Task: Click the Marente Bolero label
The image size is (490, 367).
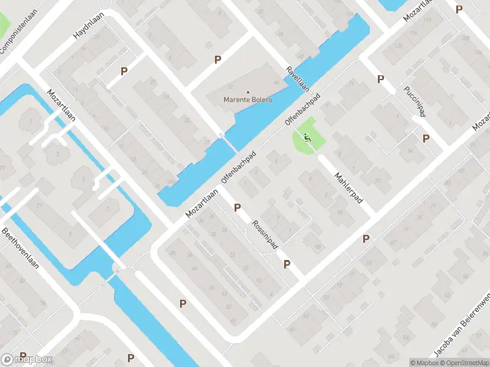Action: [x=248, y=100]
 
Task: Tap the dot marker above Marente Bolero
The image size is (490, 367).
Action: [x=248, y=92]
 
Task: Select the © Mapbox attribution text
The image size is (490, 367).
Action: [x=424, y=363]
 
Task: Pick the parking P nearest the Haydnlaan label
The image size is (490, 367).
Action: [x=124, y=71]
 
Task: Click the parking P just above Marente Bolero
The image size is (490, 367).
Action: [x=217, y=59]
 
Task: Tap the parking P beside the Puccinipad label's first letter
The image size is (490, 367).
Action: [x=380, y=79]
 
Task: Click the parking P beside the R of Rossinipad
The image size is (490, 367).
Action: [x=236, y=208]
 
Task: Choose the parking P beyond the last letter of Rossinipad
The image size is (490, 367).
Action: [x=287, y=264]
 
